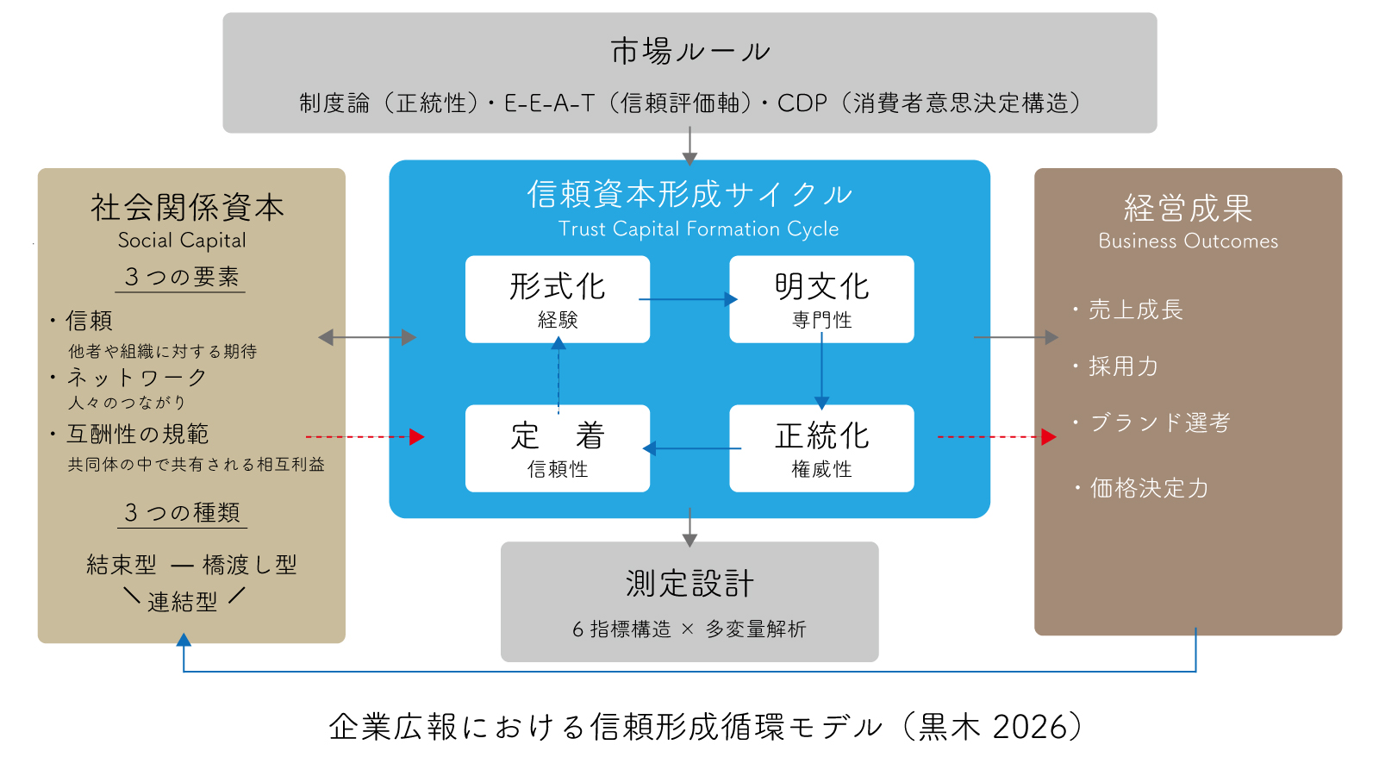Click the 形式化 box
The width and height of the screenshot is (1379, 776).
(x=558, y=298)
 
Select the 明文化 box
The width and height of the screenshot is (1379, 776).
(x=821, y=298)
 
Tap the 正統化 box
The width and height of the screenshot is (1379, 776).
(x=821, y=447)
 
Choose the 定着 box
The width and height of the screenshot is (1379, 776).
(x=558, y=447)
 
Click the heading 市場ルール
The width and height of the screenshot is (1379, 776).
(x=689, y=52)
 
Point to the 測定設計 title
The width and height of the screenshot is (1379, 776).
(x=689, y=584)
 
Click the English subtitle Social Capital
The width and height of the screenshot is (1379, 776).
(x=182, y=241)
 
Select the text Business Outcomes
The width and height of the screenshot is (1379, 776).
(x=1188, y=241)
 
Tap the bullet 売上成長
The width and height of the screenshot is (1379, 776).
(x=1135, y=310)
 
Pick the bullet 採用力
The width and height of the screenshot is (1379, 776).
(x=1123, y=366)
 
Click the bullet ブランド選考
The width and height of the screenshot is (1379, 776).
(x=1159, y=422)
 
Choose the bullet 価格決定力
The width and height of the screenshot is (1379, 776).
(x=1148, y=488)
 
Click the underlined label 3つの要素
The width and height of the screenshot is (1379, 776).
(x=181, y=277)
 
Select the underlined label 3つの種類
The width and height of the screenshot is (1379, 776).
(x=182, y=512)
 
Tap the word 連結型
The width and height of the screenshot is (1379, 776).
(x=183, y=602)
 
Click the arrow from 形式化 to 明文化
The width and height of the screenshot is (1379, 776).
(x=688, y=299)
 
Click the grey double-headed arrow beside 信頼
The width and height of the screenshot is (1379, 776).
(x=367, y=337)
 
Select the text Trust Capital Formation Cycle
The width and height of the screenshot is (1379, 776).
(x=698, y=229)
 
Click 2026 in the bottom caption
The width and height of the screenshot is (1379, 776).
(x=1030, y=727)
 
